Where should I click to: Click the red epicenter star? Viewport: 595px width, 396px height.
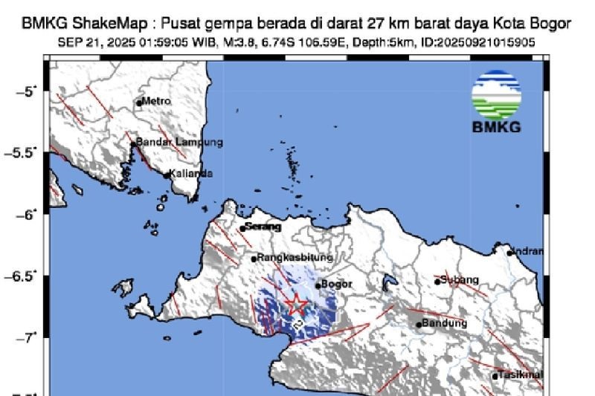click(296, 304)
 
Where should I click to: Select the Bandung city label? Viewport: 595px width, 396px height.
click(445, 323)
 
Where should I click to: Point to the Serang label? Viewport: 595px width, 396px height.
click(263, 227)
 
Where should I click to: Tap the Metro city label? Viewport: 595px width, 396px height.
click(156, 100)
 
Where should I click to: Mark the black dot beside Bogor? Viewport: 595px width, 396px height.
click(318, 285)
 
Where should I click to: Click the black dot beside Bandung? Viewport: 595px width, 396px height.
click(419, 324)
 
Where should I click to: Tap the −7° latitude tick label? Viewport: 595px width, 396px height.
click(28, 337)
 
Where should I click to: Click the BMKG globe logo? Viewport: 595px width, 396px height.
click(496, 95)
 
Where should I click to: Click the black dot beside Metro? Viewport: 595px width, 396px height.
click(139, 103)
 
